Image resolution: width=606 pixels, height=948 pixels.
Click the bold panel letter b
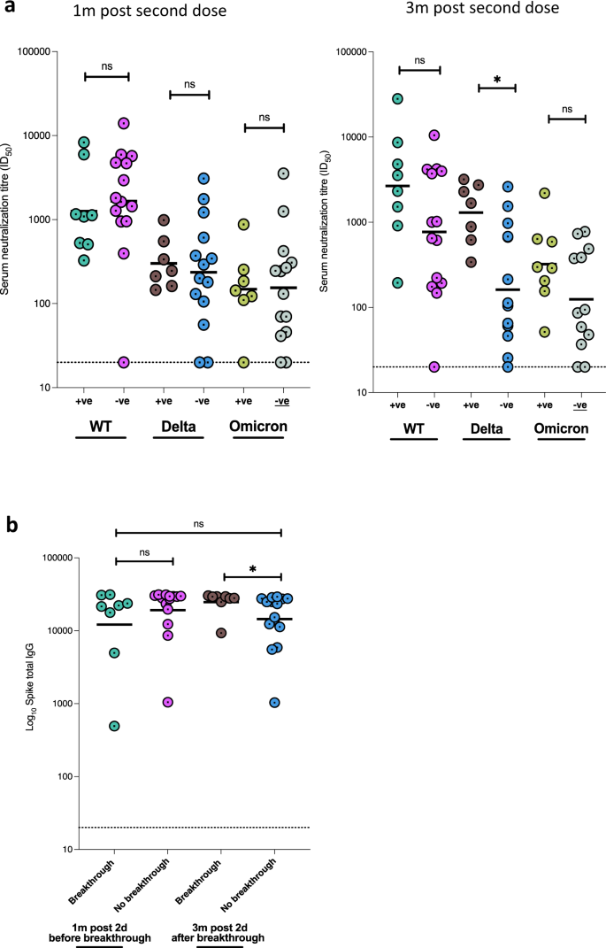(x=10, y=525)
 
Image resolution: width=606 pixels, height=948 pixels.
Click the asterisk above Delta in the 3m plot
(x=496, y=81)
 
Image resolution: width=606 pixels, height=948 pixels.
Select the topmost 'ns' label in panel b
(x=197, y=524)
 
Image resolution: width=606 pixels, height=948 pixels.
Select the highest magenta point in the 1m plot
(x=124, y=123)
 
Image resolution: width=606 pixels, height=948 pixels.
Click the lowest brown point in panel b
(x=221, y=633)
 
